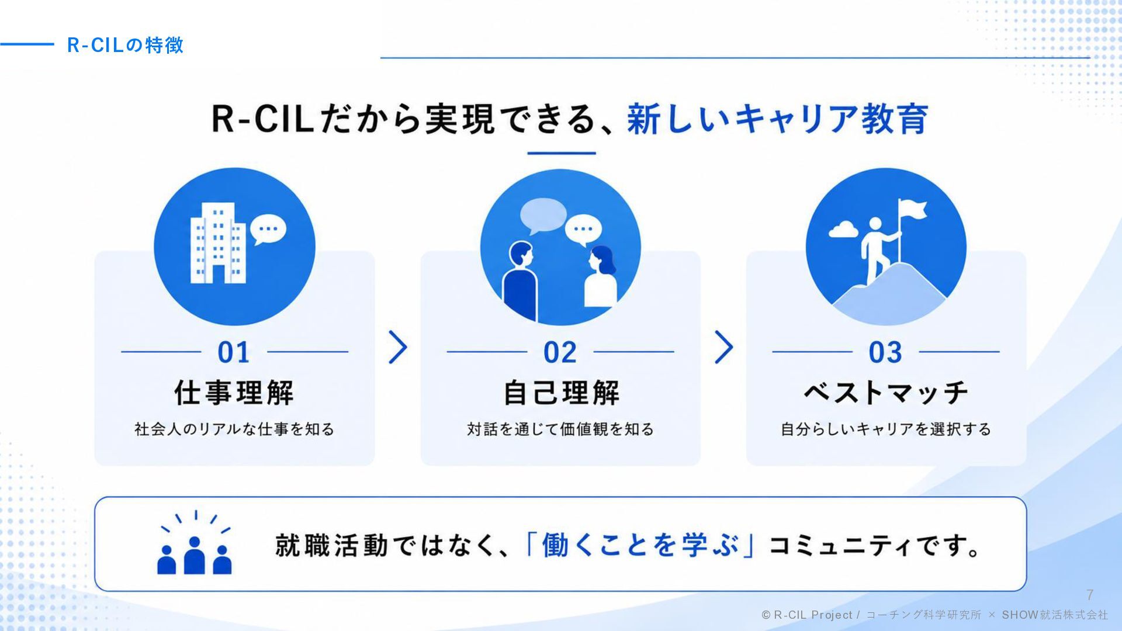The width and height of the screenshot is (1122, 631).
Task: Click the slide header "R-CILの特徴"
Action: click(x=125, y=45)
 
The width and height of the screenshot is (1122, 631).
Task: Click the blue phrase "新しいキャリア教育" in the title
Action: click(x=778, y=119)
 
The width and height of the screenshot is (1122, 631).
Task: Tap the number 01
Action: click(x=234, y=352)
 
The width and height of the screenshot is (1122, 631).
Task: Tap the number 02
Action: click(x=560, y=352)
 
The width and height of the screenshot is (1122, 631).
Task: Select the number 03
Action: click(x=885, y=352)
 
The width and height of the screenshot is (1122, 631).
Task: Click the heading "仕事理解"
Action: click(x=234, y=393)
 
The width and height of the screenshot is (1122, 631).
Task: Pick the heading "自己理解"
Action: click(x=561, y=393)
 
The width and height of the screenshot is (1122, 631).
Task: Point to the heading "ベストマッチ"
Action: click(x=886, y=393)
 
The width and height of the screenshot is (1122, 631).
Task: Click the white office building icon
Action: click(x=217, y=243)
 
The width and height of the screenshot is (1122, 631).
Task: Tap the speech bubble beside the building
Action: click(x=268, y=230)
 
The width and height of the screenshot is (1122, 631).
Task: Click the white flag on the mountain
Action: click(x=912, y=209)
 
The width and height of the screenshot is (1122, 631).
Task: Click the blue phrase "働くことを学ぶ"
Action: click(x=640, y=545)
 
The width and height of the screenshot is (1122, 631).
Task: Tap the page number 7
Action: click(x=1090, y=595)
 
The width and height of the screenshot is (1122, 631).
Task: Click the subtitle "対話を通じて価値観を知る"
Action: click(x=560, y=429)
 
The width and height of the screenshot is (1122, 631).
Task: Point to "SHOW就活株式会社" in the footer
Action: click(x=1055, y=615)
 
